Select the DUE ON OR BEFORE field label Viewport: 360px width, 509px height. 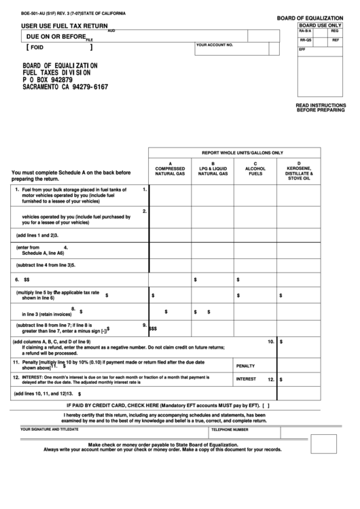click(56, 36)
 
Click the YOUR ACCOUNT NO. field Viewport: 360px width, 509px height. click(214, 45)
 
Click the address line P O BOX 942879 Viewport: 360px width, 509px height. click(50, 80)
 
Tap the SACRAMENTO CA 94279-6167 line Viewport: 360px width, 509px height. click(65, 87)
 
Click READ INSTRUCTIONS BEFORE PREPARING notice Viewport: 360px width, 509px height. click(321, 107)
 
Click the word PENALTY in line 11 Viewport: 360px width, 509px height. click(245, 366)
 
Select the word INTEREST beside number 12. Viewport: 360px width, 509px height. click(246, 379)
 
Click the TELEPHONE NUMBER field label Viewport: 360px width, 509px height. click(230, 430)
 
